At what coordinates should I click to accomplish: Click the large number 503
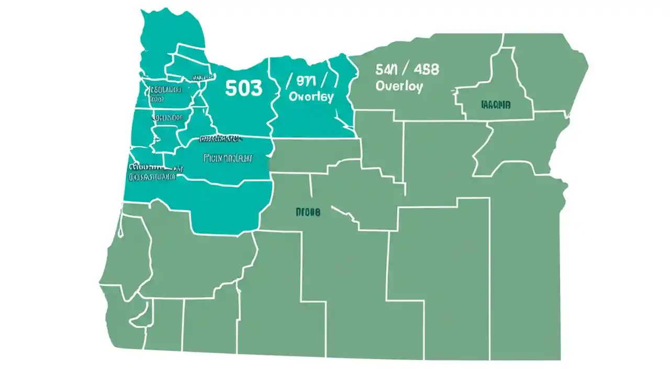(243, 88)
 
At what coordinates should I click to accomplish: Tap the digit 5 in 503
(231, 88)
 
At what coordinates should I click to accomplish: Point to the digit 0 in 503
(243, 88)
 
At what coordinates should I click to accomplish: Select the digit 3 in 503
(255, 88)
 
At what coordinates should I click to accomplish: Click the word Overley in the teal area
(311, 97)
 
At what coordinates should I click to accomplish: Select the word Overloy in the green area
(399, 86)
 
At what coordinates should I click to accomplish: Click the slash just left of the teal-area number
(289, 80)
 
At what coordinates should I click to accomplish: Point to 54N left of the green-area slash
(386, 69)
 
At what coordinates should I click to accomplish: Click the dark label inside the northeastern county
(495, 105)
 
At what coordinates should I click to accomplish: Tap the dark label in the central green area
(308, 212)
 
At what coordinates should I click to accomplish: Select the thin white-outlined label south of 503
(228, 157)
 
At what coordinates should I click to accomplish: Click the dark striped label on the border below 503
(220, 139)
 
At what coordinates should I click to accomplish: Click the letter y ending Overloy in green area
(419, 87)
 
